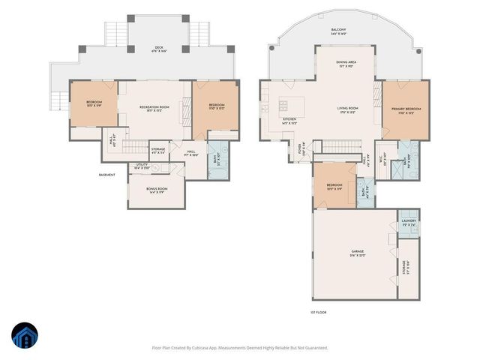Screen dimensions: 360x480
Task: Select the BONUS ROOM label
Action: [157, 190]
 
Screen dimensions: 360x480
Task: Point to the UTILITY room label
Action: [142, 166]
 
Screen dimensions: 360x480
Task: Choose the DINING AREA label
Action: [346, 64]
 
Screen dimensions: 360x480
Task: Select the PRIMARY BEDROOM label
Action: [406, 110]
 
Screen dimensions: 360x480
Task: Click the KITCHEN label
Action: [289, 120]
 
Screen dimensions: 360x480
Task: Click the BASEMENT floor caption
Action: [107, 175]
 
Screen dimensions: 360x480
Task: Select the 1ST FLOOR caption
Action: [318, 312]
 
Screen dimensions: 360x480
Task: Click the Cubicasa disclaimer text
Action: [240, 347]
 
